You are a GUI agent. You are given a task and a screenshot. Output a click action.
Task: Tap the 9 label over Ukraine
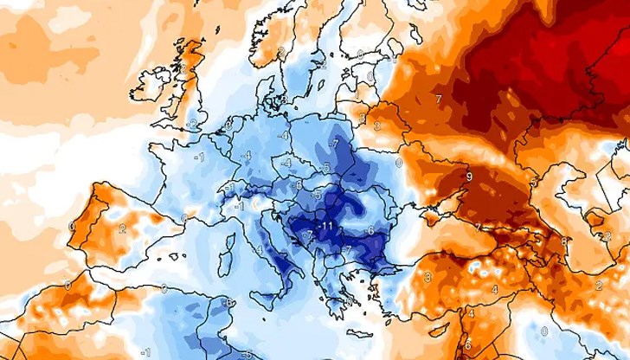point(468,177)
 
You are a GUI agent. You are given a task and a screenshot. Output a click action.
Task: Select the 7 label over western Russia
point(439,100)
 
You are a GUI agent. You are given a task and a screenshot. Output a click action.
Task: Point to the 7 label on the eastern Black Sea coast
point(479,227)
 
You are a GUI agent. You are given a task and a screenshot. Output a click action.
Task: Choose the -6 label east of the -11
point(370,230)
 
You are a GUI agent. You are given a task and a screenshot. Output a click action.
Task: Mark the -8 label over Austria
point(299,184)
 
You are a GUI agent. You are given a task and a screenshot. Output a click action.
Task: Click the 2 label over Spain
point(123,228)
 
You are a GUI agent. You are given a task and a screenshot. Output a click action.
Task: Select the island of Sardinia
point(224,259)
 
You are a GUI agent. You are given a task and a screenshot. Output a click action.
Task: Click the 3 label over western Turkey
point(427,277)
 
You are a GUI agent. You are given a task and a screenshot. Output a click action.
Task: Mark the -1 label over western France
point(199,157)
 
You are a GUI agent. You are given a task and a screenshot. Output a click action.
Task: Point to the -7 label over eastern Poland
point(334,142)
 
